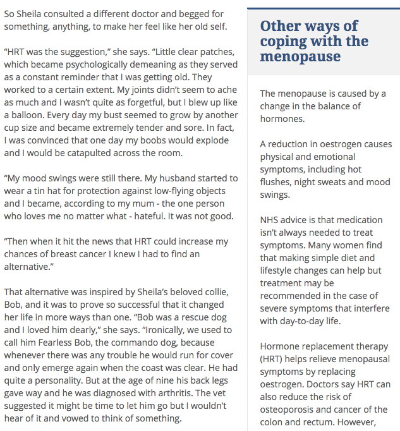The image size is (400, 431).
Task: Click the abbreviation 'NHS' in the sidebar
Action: (x=270, y=220)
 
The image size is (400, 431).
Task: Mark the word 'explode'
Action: (x=213, y=140)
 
